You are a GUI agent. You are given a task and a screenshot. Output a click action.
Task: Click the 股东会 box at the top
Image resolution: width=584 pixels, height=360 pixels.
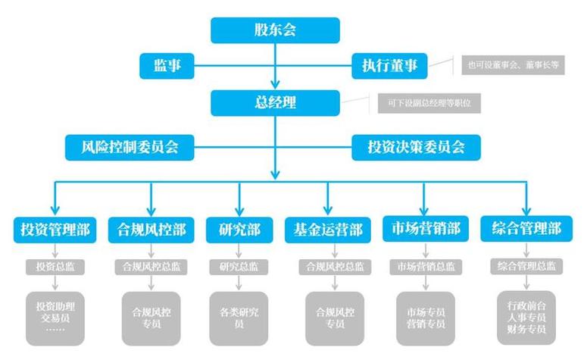(x=275, y=30)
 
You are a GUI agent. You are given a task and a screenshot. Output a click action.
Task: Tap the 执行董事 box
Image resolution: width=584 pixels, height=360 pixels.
(x=389, y=66)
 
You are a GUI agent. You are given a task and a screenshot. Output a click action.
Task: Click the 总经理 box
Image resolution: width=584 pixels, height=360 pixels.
(x=275, y=102)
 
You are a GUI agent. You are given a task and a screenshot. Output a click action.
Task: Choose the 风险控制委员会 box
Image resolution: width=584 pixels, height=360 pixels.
(x=128, y=146)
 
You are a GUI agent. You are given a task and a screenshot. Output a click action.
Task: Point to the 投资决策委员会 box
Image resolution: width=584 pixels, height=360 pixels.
(x=417, y=146)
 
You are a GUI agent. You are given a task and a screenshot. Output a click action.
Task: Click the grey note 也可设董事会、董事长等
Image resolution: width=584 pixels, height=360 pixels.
(x=512, y=65)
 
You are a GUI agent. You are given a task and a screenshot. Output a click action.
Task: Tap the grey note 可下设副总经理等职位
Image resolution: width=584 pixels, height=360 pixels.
(x=429, y=102)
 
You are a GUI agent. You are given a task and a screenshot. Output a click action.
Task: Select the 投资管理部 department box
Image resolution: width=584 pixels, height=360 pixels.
(x=55, y=229)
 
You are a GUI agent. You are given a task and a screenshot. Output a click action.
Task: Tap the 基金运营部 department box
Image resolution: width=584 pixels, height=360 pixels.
(x=328, y=229)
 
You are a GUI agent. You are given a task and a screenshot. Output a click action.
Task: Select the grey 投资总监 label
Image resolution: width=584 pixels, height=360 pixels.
(x=55, y=267)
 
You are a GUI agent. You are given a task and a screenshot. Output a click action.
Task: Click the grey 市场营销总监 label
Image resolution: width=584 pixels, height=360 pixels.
(x=425, y=267)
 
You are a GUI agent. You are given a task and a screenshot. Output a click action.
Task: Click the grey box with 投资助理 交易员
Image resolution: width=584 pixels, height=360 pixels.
(x=55, y=318)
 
